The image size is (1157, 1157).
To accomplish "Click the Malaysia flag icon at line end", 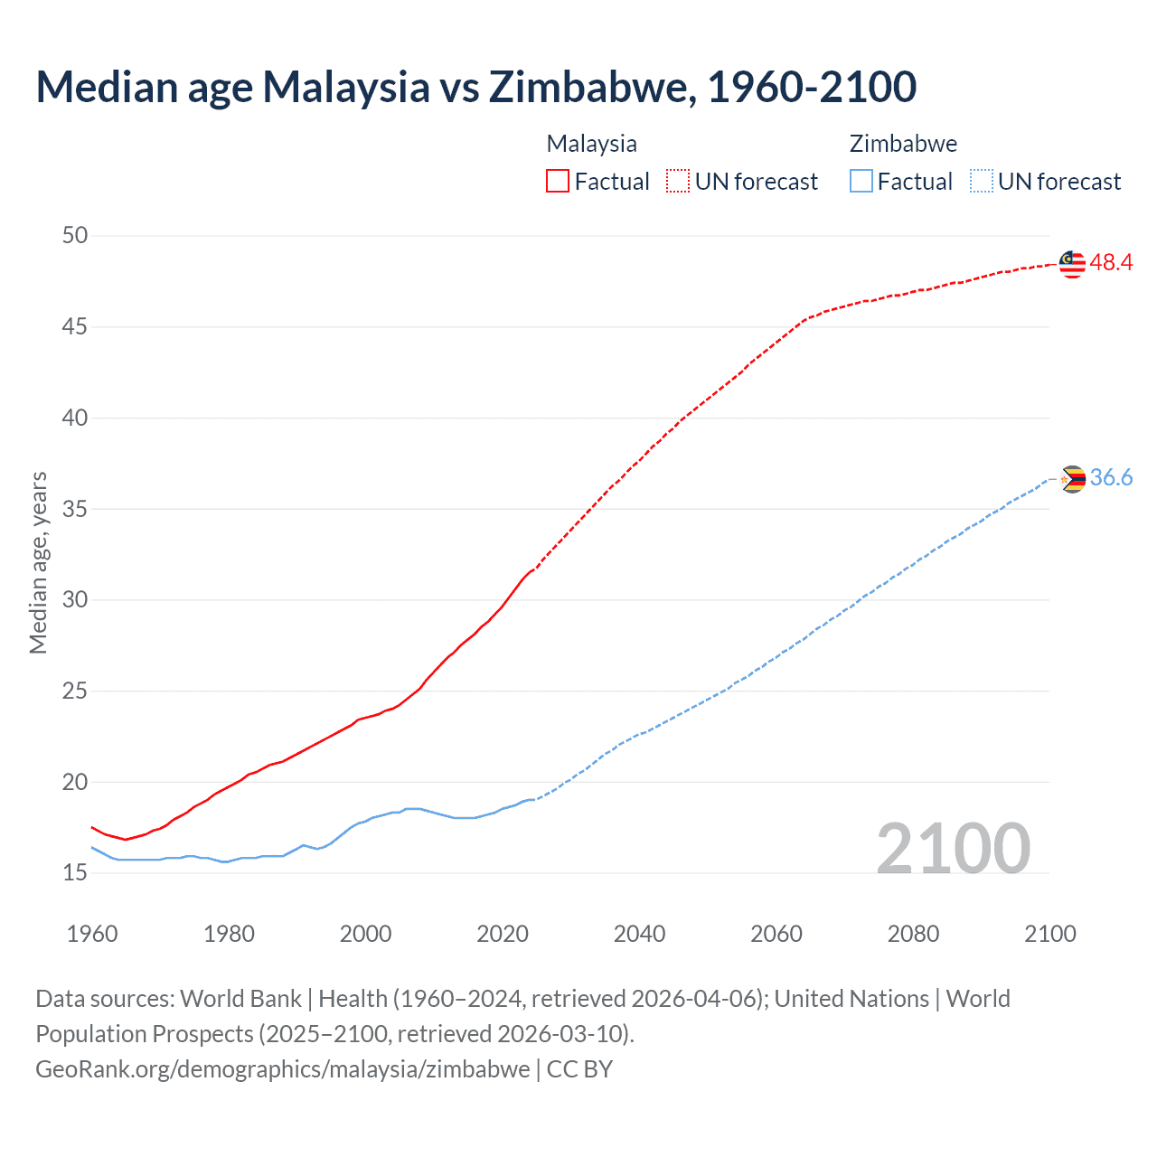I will [1072, 264].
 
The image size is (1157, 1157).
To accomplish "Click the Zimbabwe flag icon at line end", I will [1072, 479].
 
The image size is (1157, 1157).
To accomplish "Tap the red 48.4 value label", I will [1111, 263].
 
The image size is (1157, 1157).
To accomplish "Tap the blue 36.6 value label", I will [1111, 478].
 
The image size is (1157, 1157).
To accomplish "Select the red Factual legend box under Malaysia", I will [558, 182].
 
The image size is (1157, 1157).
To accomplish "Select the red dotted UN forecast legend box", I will [678, 182].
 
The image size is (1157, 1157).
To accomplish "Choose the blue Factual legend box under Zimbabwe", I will [861, 182].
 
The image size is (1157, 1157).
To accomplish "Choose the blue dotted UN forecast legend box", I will [981, 182].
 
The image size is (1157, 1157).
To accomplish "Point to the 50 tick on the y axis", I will [75, 236].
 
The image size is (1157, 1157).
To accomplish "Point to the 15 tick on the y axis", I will [75, 873].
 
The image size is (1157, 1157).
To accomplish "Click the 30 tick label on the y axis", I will [75, 600].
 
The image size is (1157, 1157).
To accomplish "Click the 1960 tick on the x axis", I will [92, 934].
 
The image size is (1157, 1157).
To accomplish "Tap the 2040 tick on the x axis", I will [639, 934].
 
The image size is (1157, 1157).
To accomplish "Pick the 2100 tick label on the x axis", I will [1049, 934].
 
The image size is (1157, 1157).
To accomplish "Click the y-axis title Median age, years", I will [38, 562].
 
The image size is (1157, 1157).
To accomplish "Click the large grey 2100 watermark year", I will [953, 848].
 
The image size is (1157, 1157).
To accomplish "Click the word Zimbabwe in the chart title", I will [592, 87].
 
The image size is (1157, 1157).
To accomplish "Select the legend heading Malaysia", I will [591, 144].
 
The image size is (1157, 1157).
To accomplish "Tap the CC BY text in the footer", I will [579, 1069].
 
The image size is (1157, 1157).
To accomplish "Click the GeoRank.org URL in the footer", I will [282, 1069].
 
